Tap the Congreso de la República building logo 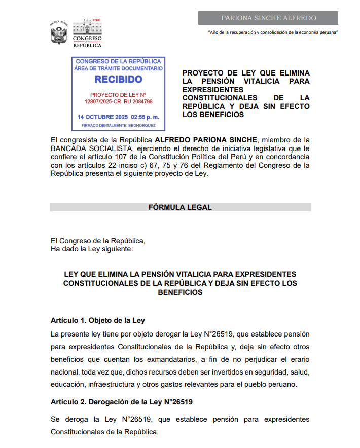coord(87,34)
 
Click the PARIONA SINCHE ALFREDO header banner coord(268,18)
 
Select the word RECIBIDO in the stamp coord(118,80)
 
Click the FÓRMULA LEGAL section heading coord(180,207)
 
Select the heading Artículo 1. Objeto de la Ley coord(98,320)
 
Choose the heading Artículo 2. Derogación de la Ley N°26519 coord(122,402)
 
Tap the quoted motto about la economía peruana coord(273,32)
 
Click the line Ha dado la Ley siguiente coord(92,249)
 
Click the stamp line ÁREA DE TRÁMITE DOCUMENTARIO coord(118,68)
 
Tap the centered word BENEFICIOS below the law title coord(180,292)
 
